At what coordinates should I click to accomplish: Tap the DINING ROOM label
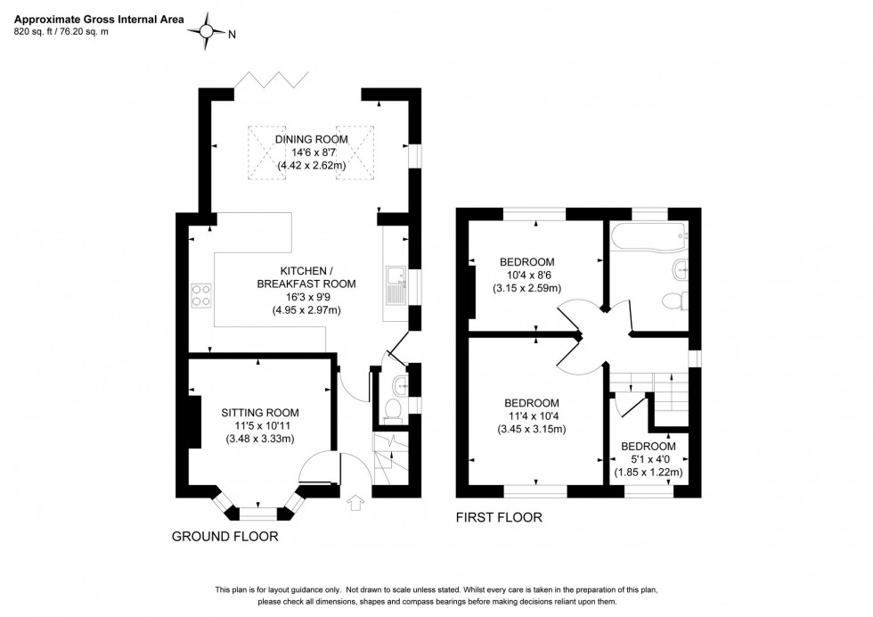[310, 139]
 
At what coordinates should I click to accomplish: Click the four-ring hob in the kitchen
[201, 294]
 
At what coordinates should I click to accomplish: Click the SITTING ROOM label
[260, 412]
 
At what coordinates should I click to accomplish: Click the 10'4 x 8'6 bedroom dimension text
[529, 275]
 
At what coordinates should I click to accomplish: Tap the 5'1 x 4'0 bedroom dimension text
[649, 459]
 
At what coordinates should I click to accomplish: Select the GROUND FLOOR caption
[224, 537]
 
